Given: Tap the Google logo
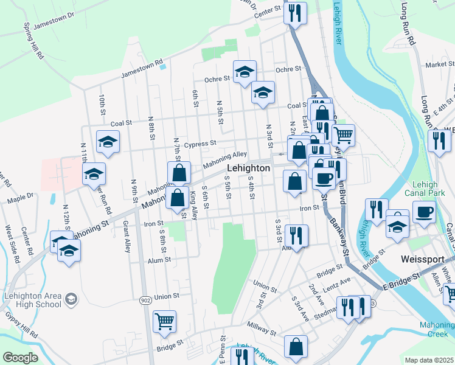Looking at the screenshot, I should point(20,358).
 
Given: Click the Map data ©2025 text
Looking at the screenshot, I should point(429,360).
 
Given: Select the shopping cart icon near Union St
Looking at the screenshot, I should point(165,321).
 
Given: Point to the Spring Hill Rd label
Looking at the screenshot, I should point(34,41).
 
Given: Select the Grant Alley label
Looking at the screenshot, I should point(127,238).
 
